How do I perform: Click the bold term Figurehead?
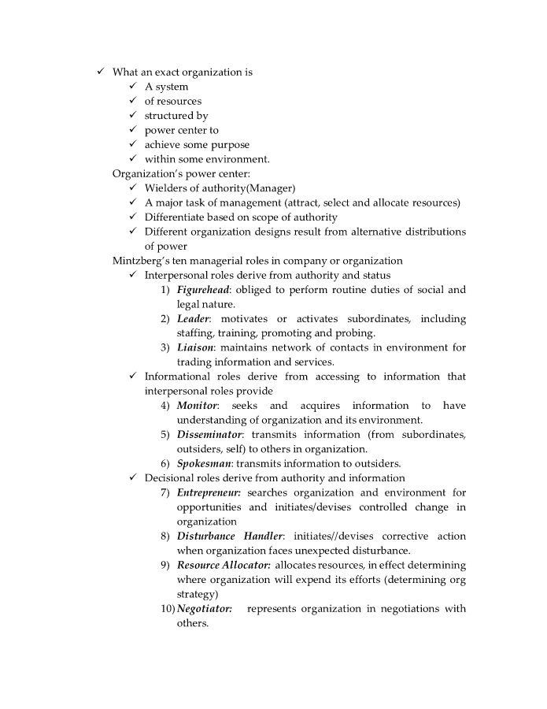click(x=202, y=290)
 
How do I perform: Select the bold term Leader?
click(x=193, y=319)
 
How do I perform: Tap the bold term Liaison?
click(x=195, y=347)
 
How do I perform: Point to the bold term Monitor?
click(x=197, y=406)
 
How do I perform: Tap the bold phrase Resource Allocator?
click(x=224, y=566)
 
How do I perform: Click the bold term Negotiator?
click(x=204, y=609)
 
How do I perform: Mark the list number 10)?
click(x=168, y=609)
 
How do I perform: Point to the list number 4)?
click(x=165, y=406)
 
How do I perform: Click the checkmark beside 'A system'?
click(x=134, y=87)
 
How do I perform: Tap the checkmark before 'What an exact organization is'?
click(x=102, y=72)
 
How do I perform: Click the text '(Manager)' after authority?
click(x=270, y=188)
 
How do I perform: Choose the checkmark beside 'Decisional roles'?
click(x=134, y=478)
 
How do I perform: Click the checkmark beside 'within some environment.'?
click(x=134, y=159)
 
